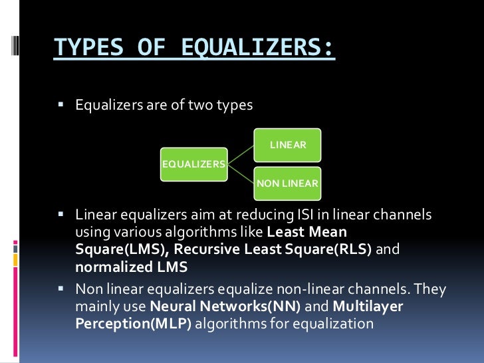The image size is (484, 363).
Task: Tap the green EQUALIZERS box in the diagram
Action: click(x=193, y=164)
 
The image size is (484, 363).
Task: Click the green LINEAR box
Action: click(x=287, y=145)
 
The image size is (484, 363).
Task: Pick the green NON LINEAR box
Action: click(x=287, y=183)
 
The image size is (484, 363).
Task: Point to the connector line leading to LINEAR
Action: click(x=241, y=153)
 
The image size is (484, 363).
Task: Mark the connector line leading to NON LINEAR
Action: click(x=241, y=174)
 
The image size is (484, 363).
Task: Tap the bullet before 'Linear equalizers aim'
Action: click(x=60, y=215)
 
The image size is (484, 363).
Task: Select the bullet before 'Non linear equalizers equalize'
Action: click(x=60, y=290)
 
